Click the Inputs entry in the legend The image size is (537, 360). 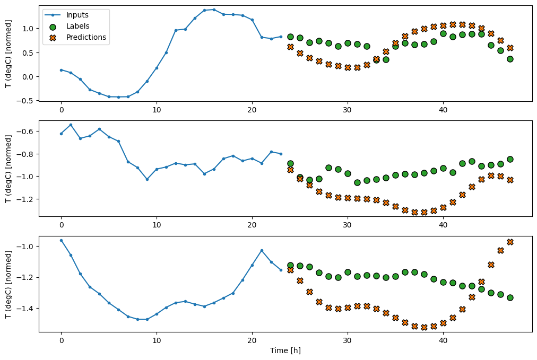[x=77, y=15]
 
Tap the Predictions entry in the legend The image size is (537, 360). [x=86, y=37]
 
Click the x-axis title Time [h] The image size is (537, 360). [x=285, y=350]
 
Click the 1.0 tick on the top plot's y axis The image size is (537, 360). [x=28, y=28]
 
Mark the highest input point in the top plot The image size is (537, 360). [x=214, y=10]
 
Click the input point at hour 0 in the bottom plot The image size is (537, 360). [x=61, y=240]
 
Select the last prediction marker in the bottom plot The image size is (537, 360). [x=510, y=242]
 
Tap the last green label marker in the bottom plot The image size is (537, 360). [x=510, y=297]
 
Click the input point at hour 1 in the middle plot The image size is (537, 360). [x=71, y=125]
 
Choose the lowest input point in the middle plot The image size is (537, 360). [x=147, y=179]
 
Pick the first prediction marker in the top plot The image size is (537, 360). [x=290, y=47]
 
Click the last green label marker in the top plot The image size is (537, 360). [x=510, y=59]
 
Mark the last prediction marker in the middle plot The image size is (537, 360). [x=510, y=180]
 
